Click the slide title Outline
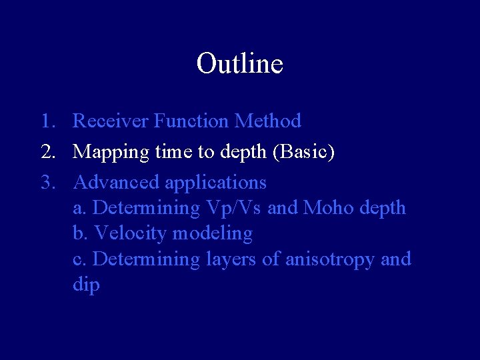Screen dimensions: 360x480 pyautogui.click(x=240, y=63)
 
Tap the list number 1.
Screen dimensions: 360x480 pyautogui.click(x=46, y=121)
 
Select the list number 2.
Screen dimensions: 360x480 pyautogui.click(x=47, y=152)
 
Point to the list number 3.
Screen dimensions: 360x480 pyautogui.click(x=47, y=182)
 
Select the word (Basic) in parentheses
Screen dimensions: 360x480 pyautogui.click(x=303, y=152)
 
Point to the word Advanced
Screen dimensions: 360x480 pyautogui.click(x=116, y=182)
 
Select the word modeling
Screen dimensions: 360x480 pyautogui.click(x=213, y=234)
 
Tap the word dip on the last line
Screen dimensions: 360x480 pyautogui.click(x=86, y=285)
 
